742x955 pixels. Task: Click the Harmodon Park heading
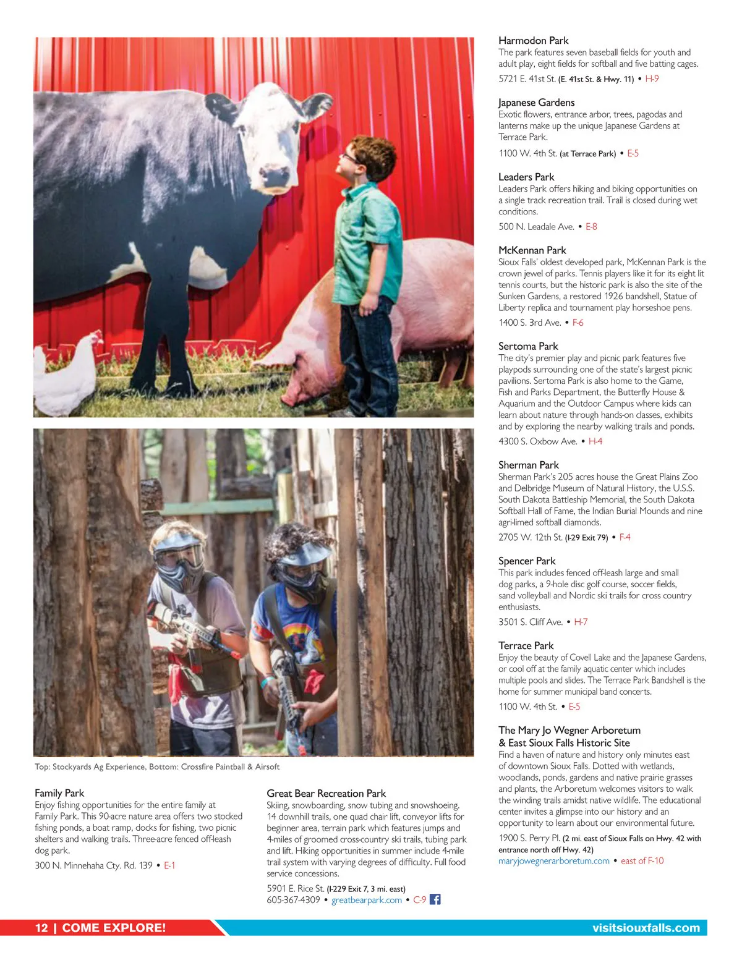pyautogui.click(x=533, y=41)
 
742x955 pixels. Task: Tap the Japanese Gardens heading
pyautogui.click(x=536, y=103)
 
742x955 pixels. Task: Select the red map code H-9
pyautogui.click(x=652, y=79)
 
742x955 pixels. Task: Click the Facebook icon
pyautogui.click(x=435, y=899)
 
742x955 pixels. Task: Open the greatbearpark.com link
pyautogui.click(x=367, y=900)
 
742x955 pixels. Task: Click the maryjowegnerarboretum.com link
pyautogui.click(x=553, y=861)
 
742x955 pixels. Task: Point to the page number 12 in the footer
pyautogui.click(x=41, y=928)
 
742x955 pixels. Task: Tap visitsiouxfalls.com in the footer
pyautogui.click(x=646, y=928)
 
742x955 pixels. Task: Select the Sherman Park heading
pyautogui.click(x=528, y=465)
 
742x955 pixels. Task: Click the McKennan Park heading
pyautogui.click(x=532, y=250)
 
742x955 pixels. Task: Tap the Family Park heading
pyautogui.click(x=59, y=793)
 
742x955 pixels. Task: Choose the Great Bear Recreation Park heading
pyautogui.click(x=326, y=794)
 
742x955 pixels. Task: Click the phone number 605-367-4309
pyautogui.click(x=293, y=900)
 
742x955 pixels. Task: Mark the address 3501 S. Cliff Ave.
pyautogui.click(x=530, y=622)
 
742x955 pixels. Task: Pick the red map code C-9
pyautogui.click(x=419, y=900)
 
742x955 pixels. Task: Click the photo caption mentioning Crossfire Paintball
pyautogui.click(x=157, y=767)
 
